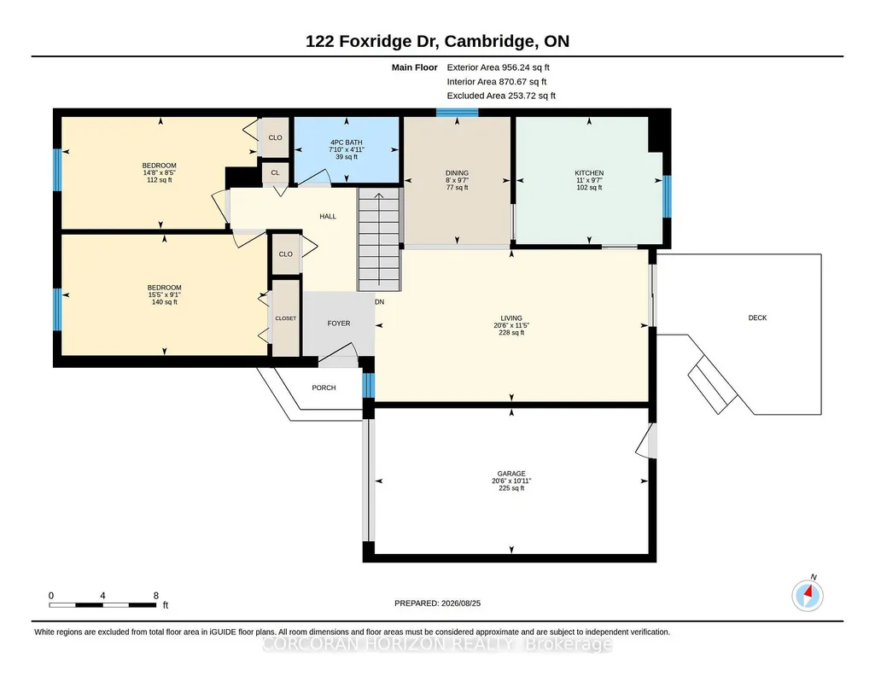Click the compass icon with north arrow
coord(808,595)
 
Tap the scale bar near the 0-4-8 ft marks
coord(102,604)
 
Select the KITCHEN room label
coord(589,173)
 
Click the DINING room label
coord(457,173)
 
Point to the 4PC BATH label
coord(346,143)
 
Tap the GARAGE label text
coord(511,474)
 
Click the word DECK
coord(757,318)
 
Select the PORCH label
coord(324,388)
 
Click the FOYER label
coord(339,323)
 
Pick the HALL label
coord(328,216)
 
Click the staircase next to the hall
coord(379,239)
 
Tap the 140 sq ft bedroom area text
coord(165,302)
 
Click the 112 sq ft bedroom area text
coord(160,179)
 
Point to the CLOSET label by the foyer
coord(286,318)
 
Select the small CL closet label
coord(275,172)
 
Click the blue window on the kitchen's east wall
coord(667,196)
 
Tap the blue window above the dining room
coord(457,112)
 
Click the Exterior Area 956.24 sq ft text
coord(499,67)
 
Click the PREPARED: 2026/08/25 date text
coord(437,603)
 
